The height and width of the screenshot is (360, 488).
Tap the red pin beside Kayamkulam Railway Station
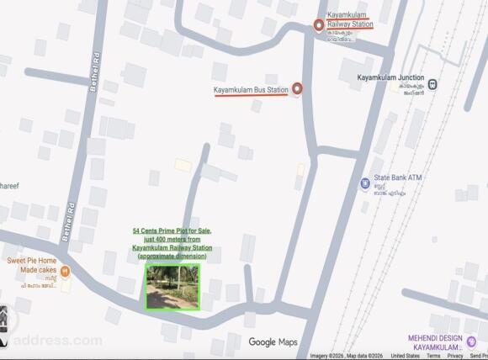pos(319,24)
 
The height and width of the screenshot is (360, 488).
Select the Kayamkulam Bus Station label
pos(252,89)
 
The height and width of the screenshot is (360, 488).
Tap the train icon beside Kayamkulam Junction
pos(432,84)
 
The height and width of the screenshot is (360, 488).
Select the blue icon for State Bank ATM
pos(364,183)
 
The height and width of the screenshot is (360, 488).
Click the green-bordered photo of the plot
pos(172,287)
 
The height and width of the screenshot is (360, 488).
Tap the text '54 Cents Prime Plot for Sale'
pos(172,230)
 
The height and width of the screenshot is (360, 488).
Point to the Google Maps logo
pos(273,341)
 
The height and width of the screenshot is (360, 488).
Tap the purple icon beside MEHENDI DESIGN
pos(471,341)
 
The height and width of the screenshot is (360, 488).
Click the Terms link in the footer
pos(433,356)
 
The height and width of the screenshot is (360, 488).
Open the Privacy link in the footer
pos(455,356)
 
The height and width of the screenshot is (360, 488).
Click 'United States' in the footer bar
pos(406,356)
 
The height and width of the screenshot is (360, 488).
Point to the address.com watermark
pos(56,341)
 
